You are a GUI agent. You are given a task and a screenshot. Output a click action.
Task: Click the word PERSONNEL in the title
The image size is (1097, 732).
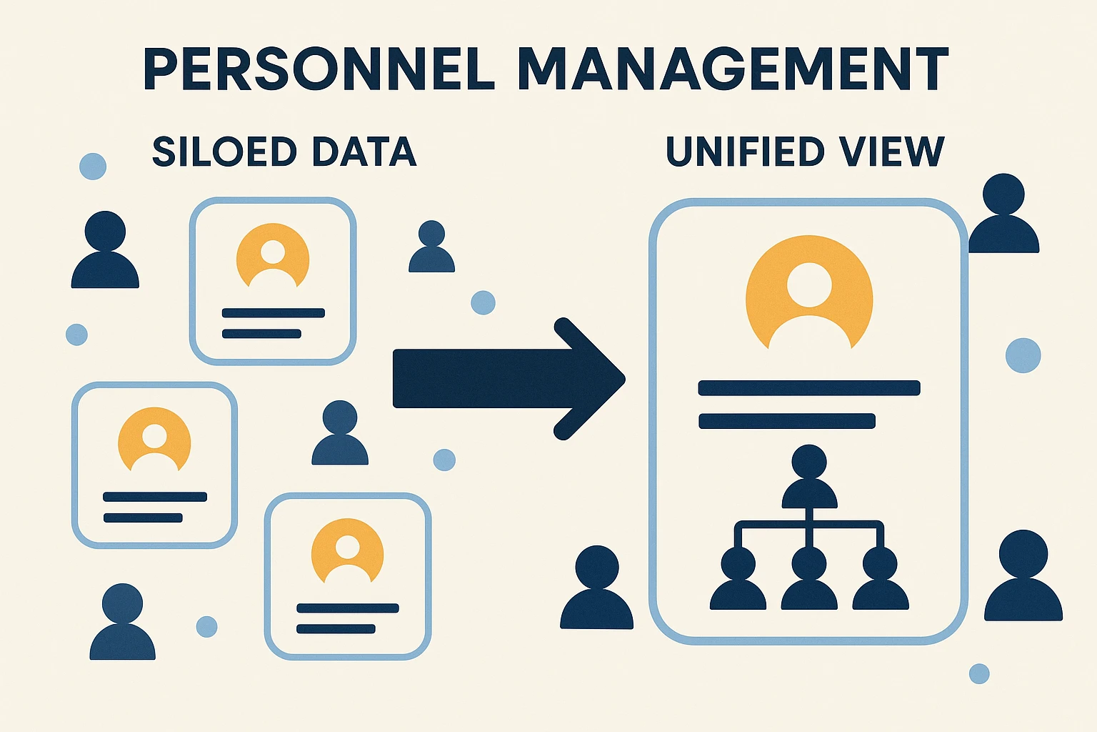pos(319,69)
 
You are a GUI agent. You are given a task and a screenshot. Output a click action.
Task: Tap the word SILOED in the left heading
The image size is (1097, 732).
pos(224,152)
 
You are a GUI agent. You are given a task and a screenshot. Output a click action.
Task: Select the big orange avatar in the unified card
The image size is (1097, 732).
pos(809,293)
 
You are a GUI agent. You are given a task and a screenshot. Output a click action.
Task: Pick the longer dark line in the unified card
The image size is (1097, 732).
pos(809,388)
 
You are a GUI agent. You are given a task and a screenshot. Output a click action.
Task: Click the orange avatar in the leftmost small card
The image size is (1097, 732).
pos(154,438)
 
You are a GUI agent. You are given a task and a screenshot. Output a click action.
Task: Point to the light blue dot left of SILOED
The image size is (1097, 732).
pos(93,167)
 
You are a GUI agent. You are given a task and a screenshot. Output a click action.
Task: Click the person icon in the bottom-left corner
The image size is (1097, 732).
pos(122,622)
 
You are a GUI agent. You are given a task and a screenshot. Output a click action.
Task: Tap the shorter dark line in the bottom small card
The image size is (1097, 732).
pos(336,629)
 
